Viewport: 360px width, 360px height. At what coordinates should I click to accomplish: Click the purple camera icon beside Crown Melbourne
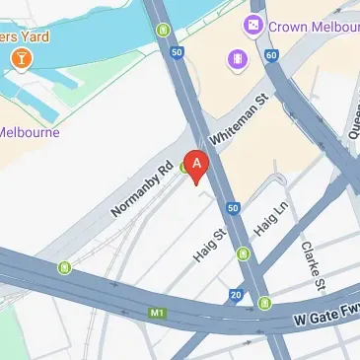click(x=254, y=25)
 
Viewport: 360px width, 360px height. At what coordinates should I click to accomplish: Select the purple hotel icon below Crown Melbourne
click(x=239, y=61)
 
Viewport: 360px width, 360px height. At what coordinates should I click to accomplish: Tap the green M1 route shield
click(x=156, y=314)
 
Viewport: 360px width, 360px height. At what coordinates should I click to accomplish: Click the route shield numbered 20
click(x=237, y=294)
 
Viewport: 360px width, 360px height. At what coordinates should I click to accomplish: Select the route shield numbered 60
click(x=271, y=55)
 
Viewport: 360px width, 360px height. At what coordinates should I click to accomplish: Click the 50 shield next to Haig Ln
click(x=233, y=208)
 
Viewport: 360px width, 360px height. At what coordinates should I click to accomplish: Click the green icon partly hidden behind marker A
click(x=184, y=169)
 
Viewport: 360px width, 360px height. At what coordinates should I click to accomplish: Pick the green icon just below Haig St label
click(x=243, y=257)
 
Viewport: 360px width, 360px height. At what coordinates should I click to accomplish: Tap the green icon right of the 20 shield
click(x=264, y=303)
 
